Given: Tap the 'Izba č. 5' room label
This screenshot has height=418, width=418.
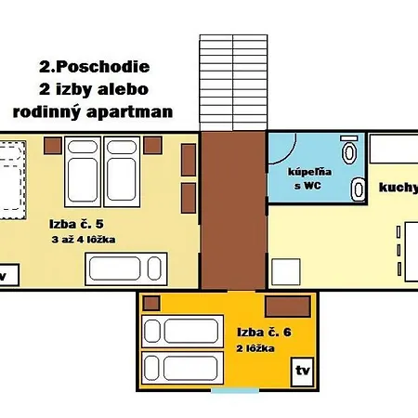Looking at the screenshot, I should click(77, 224).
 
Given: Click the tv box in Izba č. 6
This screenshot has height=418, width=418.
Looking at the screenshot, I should click(302, 370).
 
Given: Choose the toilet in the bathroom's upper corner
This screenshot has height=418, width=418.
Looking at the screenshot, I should click(349, 150).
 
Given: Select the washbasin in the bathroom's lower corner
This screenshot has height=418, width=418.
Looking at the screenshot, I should click(357, 189).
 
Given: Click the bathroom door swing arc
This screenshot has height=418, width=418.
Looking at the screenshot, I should click(282, 149).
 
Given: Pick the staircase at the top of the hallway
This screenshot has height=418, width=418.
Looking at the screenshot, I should click(232, 82).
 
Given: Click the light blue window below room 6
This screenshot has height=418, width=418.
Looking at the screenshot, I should click(235, 390).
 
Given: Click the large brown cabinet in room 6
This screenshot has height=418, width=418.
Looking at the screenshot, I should click(287, 307).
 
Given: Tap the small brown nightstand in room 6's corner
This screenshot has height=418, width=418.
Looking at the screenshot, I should click(150, 303).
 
